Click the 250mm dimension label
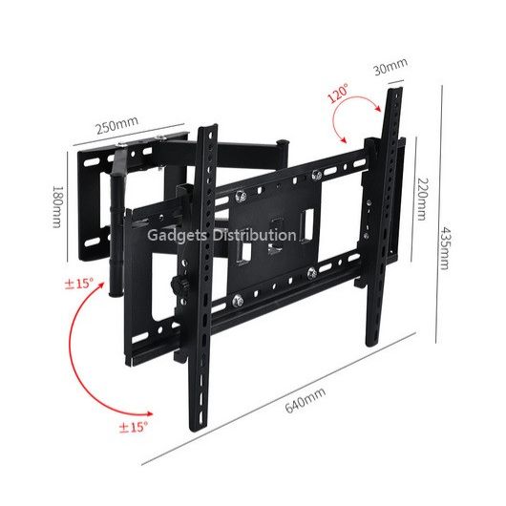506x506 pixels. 117,124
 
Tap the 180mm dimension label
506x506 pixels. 56,206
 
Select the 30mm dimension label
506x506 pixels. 390,66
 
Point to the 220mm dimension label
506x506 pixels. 421,199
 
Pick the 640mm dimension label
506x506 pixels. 305,400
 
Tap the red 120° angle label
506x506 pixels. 338,94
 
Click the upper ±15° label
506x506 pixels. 78,284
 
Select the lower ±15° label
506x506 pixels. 133,427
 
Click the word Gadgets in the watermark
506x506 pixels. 177,235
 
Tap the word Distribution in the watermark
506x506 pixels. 254,235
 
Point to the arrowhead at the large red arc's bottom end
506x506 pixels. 149,414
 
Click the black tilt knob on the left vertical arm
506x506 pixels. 177,285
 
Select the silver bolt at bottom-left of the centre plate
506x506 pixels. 238,301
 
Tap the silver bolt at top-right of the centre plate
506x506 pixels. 317,175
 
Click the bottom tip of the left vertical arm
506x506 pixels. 197,431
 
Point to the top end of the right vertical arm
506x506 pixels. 395,89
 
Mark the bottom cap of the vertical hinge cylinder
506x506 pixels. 116,294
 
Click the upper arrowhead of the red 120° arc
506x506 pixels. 377,109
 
